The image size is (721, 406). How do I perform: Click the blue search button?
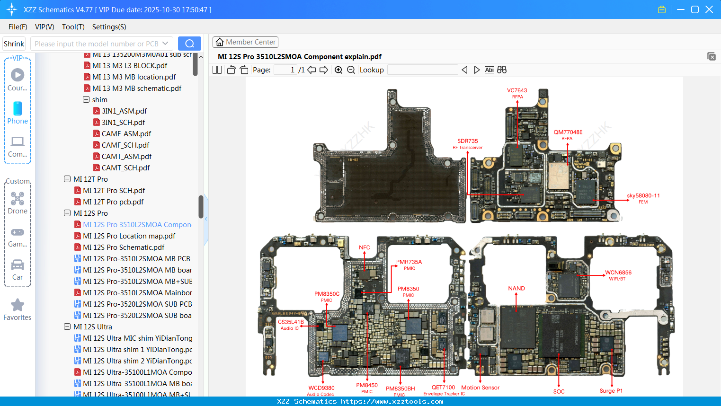click(189, 44)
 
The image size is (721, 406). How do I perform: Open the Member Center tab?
click(245, 42)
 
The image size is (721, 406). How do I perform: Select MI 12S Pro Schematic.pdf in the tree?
click(124, 247)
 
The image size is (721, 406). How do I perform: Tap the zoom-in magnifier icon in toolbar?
click(338, 70)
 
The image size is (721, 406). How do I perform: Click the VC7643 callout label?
click(517, 90)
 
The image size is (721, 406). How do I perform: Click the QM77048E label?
click(568, 132)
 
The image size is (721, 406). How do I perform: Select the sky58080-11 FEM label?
click(643, 196)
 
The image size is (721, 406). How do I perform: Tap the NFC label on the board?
click(364, 247)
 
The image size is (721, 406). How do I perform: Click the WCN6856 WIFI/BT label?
click(618, 273)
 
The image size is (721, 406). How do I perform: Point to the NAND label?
click(516, 288)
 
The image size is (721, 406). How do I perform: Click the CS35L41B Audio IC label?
click(291, 322)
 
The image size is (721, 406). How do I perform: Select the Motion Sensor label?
click(480, 388)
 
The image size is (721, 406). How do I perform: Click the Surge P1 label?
click(611, 391)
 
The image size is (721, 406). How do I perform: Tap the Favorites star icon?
click(18, 305)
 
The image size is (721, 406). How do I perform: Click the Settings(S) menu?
click(109, 27)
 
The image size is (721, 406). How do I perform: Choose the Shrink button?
click(14, 44)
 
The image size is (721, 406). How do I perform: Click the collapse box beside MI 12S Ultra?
click(67, 327)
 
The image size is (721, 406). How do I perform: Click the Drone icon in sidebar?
click(18, 199)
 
